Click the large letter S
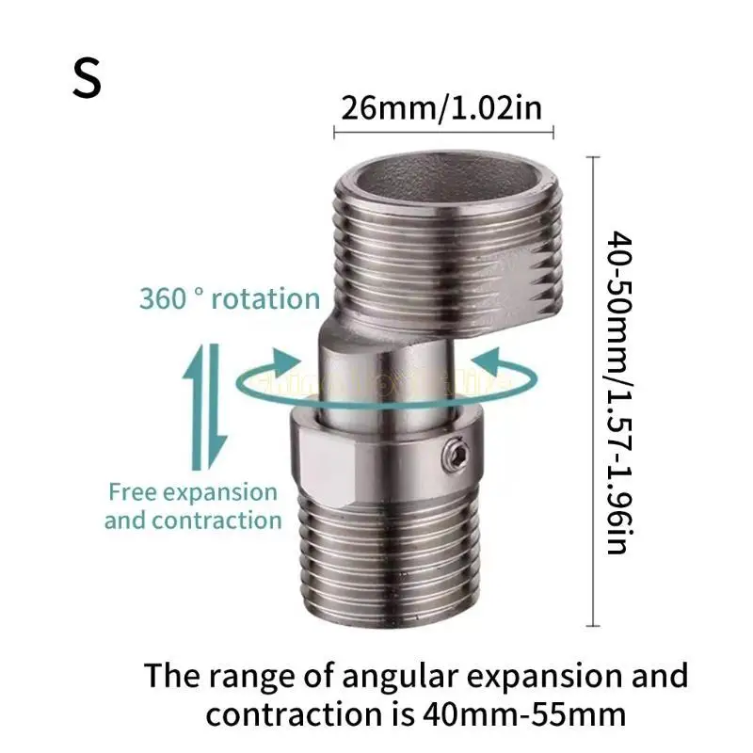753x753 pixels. coord(87,79)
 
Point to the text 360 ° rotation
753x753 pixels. coord(230,299)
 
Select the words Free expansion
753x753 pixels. coord(193,491)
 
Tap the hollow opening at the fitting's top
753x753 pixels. coord(442,178)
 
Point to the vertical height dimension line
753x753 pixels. coord(592,392)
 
